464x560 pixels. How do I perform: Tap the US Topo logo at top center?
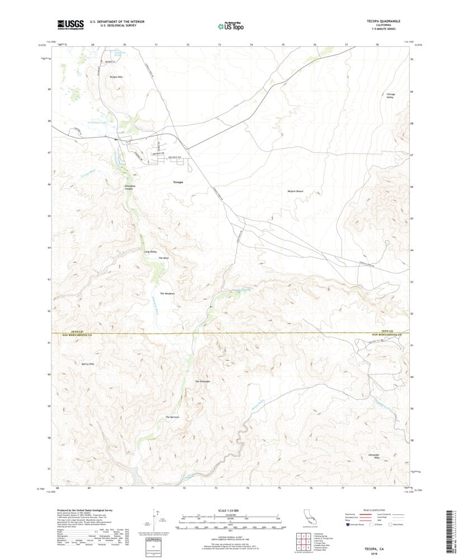tap(231, 25)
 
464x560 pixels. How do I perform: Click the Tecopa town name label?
tap(178, 182)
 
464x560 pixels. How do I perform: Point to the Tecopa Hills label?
tap(116, 76)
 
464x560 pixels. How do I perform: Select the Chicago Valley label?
tap(391, 96)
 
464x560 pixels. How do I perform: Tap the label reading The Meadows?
tap(168, 293)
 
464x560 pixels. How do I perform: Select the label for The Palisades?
tap(202, 381)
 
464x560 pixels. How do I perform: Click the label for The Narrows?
tap(172, 417)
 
